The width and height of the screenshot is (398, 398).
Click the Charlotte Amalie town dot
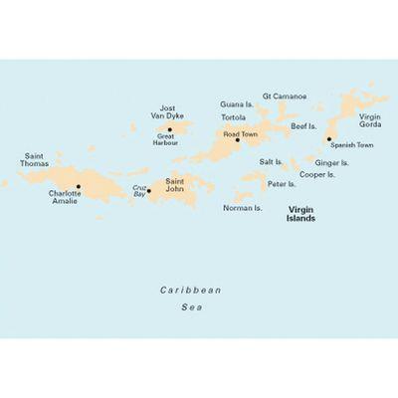[x=79, y=186]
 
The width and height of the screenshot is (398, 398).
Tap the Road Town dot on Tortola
[x=238, y=140]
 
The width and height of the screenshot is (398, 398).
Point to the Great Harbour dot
[x=169, y=129]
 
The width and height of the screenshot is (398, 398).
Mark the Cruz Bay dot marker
[x=149, y=190]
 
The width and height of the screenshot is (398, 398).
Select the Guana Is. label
[x=236, y=102]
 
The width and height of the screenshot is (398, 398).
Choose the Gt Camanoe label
[x=285, y=97]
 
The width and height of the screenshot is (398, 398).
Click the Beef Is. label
[x=301, y=126]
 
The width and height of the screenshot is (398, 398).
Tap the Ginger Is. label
[x=331, y=161]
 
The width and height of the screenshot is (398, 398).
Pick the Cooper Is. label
[x=317, y=174]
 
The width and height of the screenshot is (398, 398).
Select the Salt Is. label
[x=271, y=161]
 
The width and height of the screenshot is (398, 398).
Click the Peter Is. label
[x=282, y=184]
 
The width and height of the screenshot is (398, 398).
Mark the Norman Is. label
[x=242, y=209]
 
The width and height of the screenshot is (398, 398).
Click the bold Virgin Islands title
[x=301, y=214]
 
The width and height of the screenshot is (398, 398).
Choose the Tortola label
[x=236, y=118]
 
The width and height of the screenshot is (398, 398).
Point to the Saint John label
[x=175, y=185]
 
